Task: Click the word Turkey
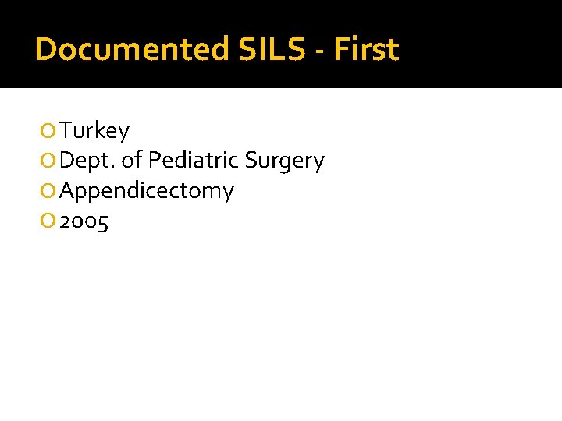pyautogui.click(x=94, y=131)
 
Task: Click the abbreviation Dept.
pyautogui.click(x=87, y=161)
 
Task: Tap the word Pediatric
pyautogui.click(x=193, y=161)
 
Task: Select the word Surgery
pyautogui.click(x=284, y=161)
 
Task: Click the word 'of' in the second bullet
pyautogui.click(x=132, y=161)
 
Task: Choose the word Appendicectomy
pyautogui.click(x=147, y=192)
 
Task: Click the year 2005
pyautogui.click(x=84, y=222)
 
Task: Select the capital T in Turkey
pyautogui.click(x=66, y=130)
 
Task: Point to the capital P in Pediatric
pyautogui.click(x=154, y=161)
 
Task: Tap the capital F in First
pyautogui.click(x=340, y=50)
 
